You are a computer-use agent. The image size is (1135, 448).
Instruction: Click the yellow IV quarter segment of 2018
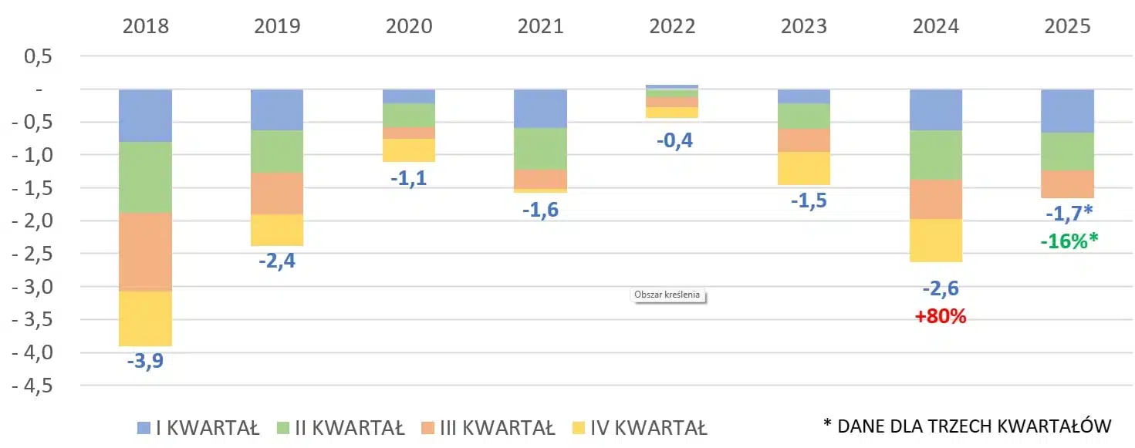(145, 318)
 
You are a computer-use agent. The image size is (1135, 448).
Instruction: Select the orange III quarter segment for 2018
(145, 251)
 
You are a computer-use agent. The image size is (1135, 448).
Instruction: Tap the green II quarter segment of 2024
(935, 155)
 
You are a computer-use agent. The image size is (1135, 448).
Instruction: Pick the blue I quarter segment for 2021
(540, 109)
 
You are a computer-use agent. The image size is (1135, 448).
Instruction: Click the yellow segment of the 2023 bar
(803, 168)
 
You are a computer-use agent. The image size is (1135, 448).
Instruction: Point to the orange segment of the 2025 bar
(1067, 184)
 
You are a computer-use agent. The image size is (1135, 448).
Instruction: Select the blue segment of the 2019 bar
(277, 110)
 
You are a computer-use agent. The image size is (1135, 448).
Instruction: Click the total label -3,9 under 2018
(146, 361)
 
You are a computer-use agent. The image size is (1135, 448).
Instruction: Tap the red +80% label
(940, 316)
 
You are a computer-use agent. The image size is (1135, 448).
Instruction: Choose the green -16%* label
(1068, 241)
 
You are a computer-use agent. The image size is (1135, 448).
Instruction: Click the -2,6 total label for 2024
(940, 289)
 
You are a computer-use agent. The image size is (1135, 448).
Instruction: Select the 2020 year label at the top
(409, 26)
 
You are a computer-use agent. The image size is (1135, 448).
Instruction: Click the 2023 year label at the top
(803, 26)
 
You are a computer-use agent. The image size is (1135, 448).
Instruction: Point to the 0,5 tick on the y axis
(39, 56)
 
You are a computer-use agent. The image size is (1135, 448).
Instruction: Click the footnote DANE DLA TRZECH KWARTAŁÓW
(974, 426)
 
